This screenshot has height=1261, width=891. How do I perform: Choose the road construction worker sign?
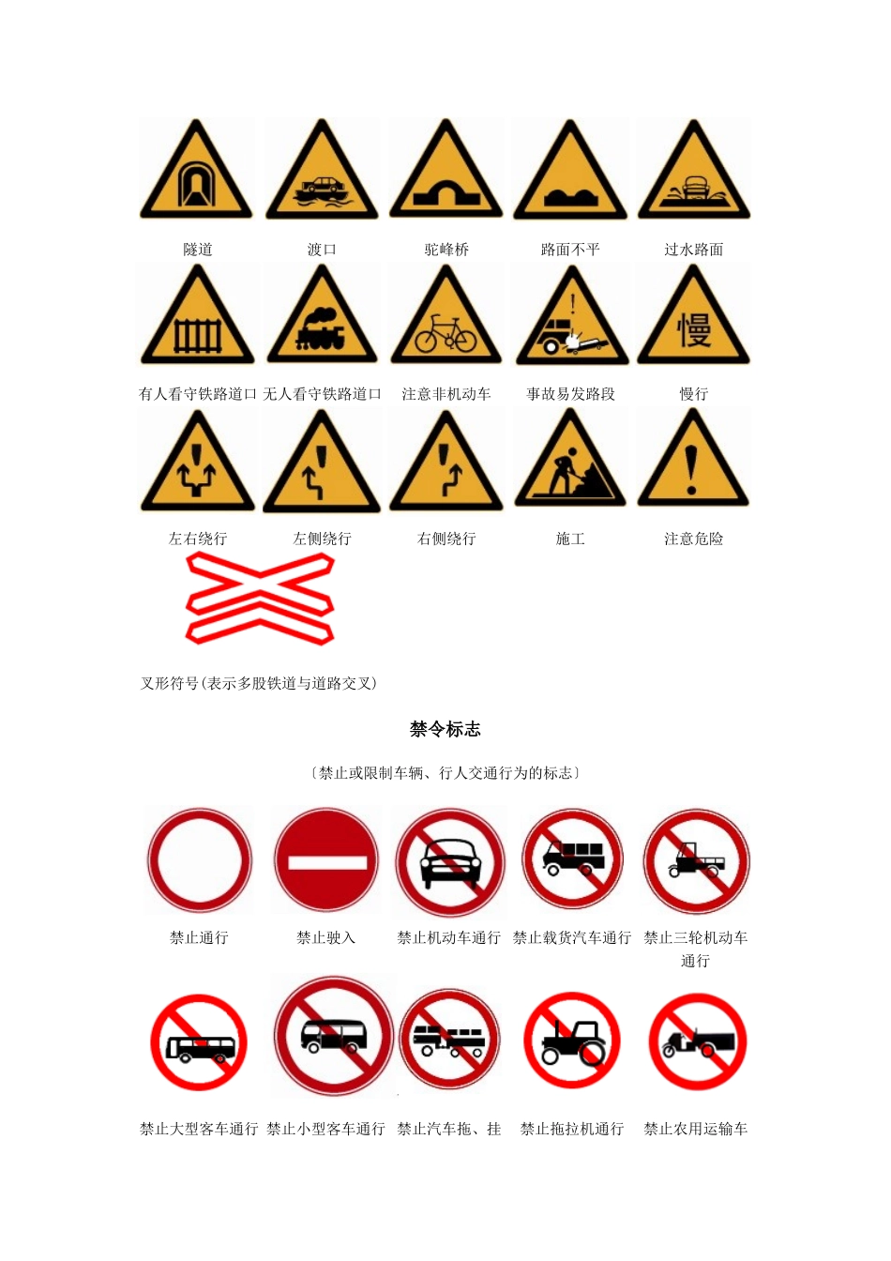click(570, 465)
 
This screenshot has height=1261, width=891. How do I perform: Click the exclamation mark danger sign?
click(693, 465)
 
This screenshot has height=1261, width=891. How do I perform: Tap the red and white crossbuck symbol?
click(260, 598)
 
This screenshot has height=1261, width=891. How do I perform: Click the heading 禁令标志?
click(445, 729)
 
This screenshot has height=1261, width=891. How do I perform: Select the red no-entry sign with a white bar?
click(325, 861)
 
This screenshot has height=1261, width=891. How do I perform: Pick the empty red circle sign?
click(199, 861)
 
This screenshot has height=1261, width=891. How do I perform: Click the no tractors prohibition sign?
click(571, 1041)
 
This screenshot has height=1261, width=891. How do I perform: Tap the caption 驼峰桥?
click(446, 250)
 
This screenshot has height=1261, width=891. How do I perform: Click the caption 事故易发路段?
click(570, 394)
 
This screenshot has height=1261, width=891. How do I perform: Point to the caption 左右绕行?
click(198, 539)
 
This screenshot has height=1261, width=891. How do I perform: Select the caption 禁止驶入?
click(325, 937)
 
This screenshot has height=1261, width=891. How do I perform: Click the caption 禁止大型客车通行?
click(199, 1129)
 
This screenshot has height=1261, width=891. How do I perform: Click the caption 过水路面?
click(694, 250)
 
